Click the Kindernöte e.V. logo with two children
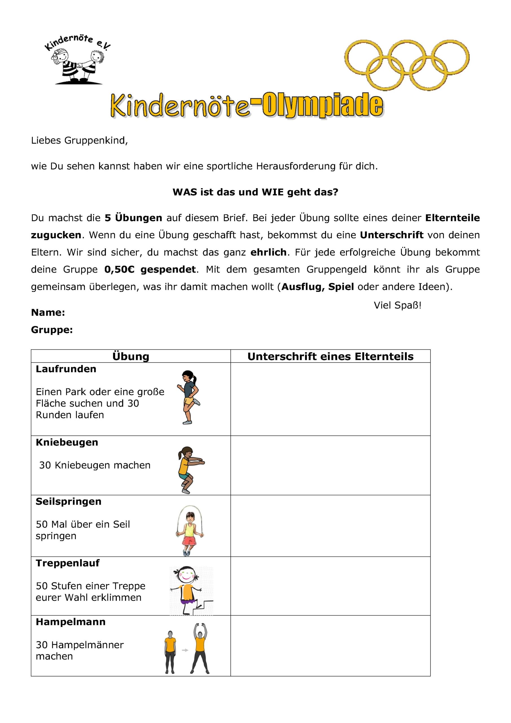point(78,60)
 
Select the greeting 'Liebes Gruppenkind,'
point(79,140)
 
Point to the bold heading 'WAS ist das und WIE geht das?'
point(255,192)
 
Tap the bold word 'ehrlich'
point(268,252)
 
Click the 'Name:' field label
point(48,312)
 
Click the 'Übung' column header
point(131,356)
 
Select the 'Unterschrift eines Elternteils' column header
point(330,356)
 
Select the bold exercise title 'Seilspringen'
point(69,501)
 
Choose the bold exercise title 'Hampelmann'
point(71,622)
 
